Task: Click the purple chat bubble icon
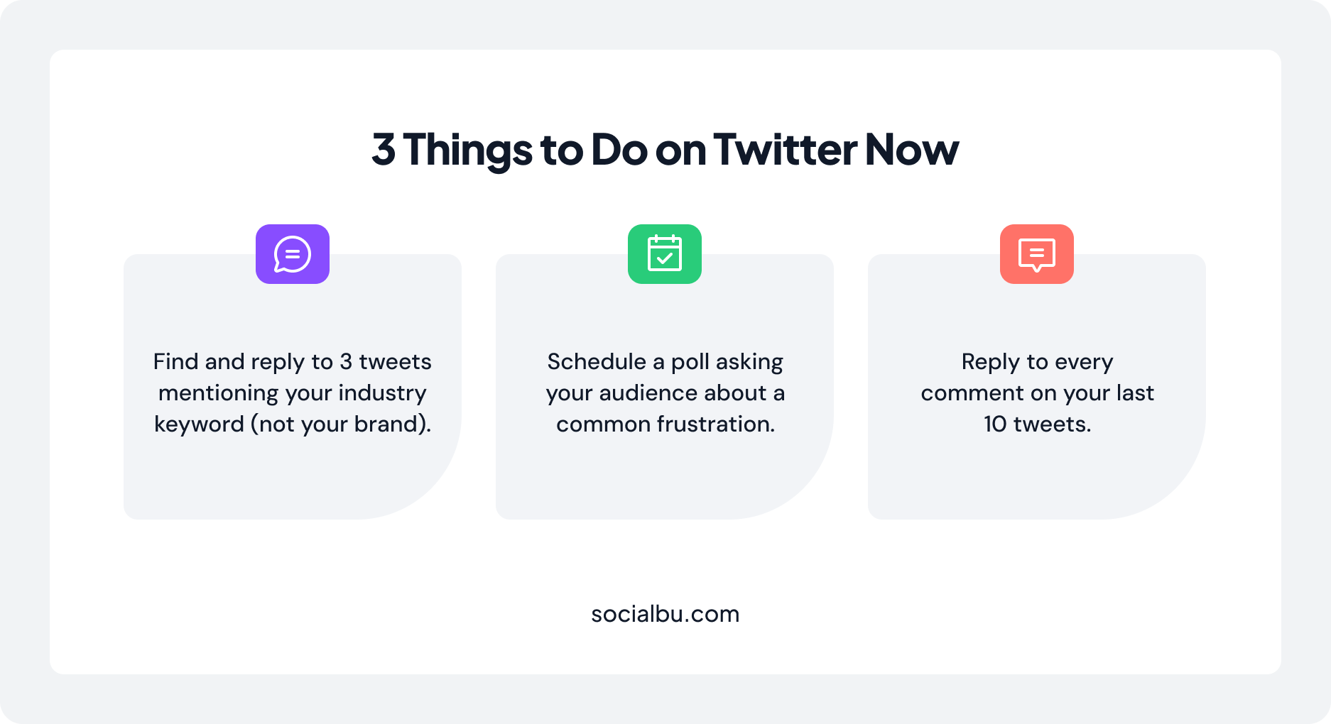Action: point(293,254)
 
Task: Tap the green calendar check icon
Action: point(665,254)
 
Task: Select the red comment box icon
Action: point(1037,254)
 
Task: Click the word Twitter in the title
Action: point(785,150)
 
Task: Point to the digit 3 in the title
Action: point(384,150)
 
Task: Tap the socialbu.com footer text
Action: point(665,614)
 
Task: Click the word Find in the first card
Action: point(175,362)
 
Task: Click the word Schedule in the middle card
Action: point(597,362)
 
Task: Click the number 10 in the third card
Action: point(995,424)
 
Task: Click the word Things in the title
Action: point(467,150)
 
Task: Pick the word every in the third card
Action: point(1084,363)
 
